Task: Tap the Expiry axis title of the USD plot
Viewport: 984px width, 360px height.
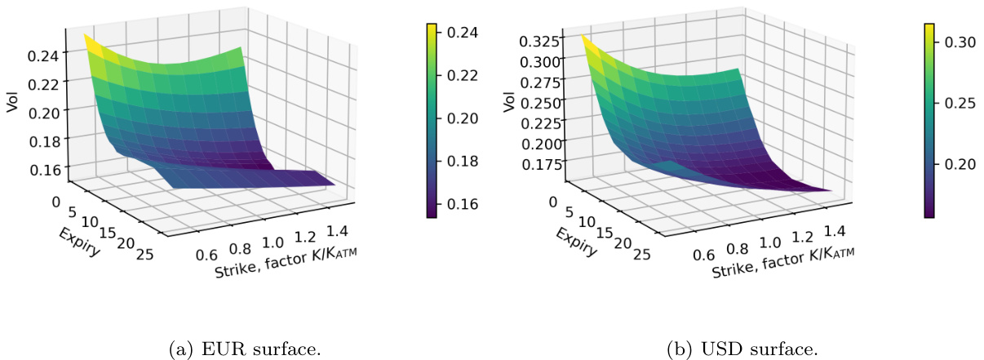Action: pos(578,242)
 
